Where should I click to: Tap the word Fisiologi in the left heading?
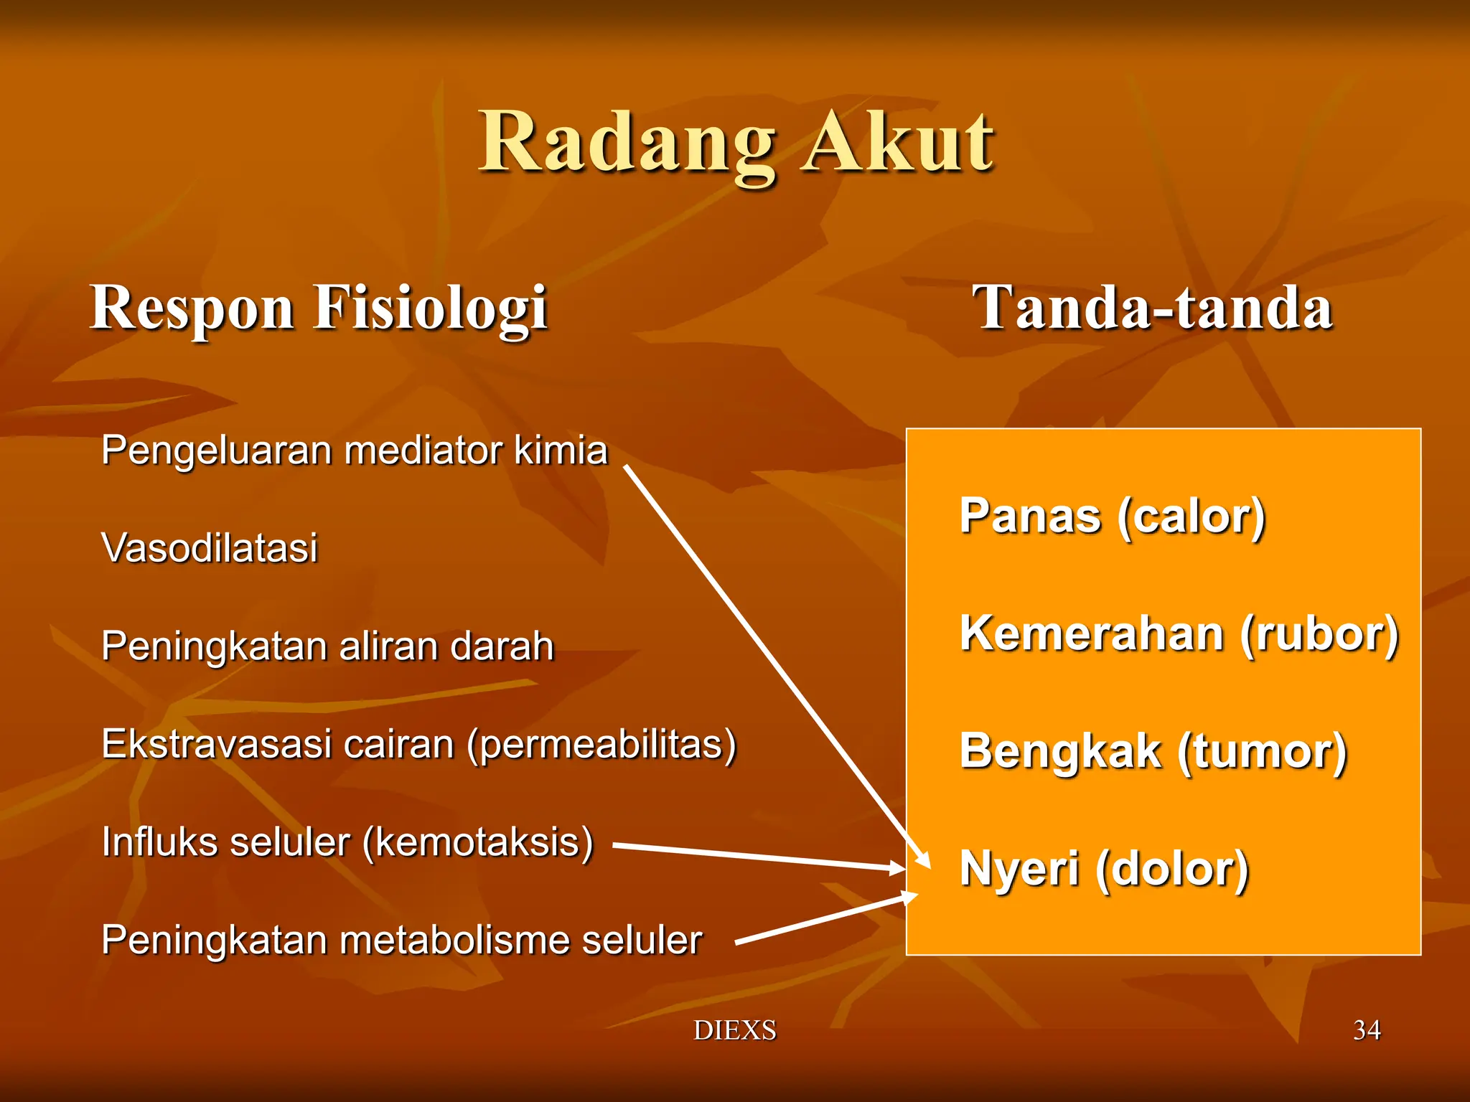(x=431, y=309)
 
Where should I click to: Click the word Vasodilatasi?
(x=209, y=548)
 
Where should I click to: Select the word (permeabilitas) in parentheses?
(x=601, y=744)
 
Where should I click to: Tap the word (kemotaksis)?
(x=478, y=842)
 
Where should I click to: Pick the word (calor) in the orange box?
(x=1191, y=517)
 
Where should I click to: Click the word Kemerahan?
(x=1091, y=634)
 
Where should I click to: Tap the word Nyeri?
(x=1019, y=869)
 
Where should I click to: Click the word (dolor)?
(x=1172, y=869)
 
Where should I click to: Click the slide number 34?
(x=1366, y=1030)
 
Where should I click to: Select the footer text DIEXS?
(x=734, y=1030)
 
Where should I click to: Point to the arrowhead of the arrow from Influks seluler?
(x=899, y=869)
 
